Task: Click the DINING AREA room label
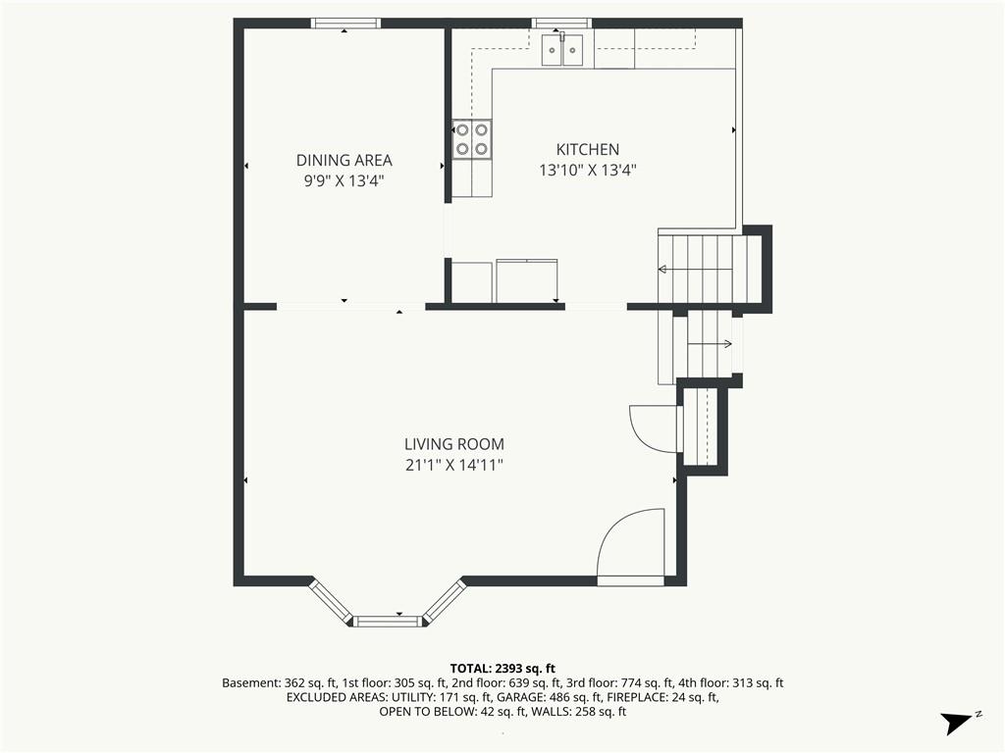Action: pyautogui.click(x=344, y=160)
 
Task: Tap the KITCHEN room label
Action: pyautogui.click(x=588, y=149)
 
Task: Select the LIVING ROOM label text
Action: pyautogui.click(x=453, y=444)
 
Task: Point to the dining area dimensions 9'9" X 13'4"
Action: pyautogui.click(x=344, y=181)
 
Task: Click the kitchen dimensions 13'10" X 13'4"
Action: pyautogui.click(x=588, y=171)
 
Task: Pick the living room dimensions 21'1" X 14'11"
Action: pyautogui.click(x=453, y=465)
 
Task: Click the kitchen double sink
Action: pyautogui.click(x=562, y=49)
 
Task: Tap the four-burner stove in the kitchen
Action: pyautogui.click(x=472, y=139)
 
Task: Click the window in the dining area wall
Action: pyautogui.click(x=345, y=24)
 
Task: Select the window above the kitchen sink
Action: pyautogui.click(x=561, y=24)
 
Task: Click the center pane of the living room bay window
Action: pyautogui.click(x=389, y=621)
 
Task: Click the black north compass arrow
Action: pyautogui.click(x=956, y=723)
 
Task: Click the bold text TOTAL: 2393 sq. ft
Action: pyautogui.click(x=502, y=669)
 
